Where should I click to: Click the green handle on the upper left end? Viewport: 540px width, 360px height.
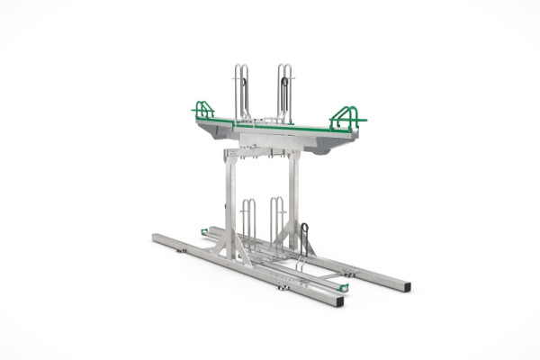pos(203,110)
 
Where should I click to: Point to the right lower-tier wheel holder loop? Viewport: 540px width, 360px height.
pos(277,216)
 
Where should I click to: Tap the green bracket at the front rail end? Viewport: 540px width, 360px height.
pos(343,287)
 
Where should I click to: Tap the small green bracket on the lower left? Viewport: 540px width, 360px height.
pos(204,232)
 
